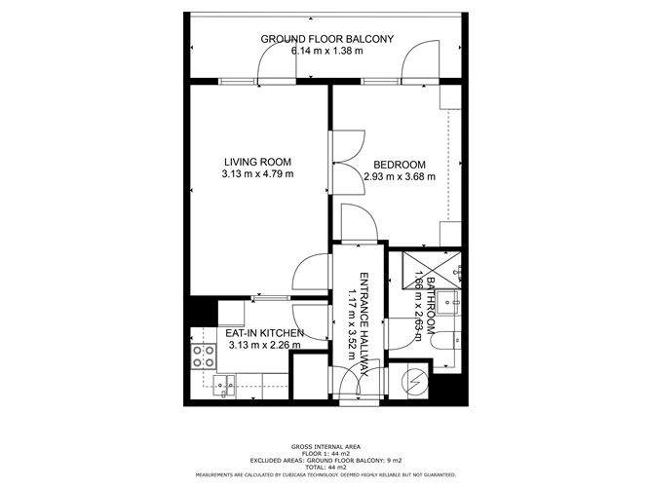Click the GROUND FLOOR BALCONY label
point(326,39)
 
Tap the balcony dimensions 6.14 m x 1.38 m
point(326,51)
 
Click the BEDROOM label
point(399,164)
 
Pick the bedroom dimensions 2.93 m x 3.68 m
point(399,176)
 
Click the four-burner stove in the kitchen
point(203,356)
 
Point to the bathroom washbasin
point(450,302)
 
